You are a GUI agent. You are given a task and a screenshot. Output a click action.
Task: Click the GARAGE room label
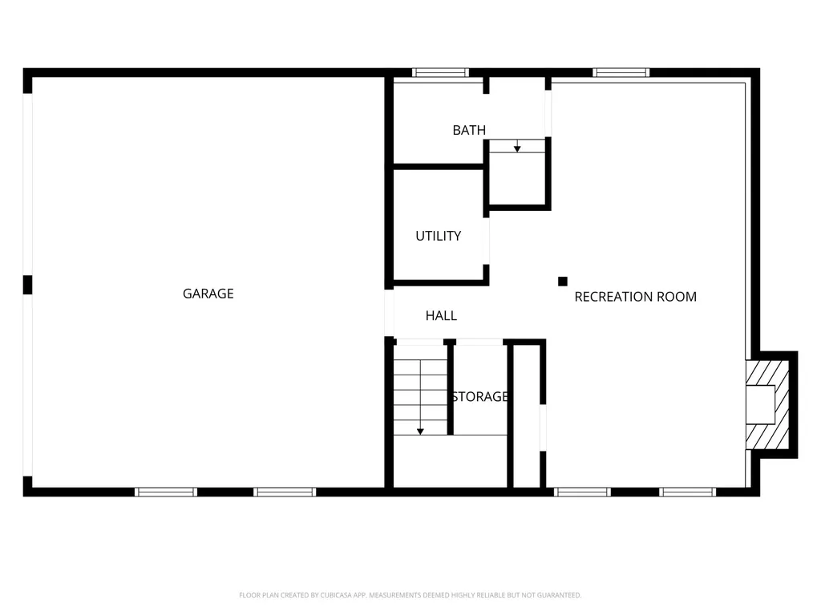208,294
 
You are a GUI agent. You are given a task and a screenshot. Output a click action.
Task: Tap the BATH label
469,130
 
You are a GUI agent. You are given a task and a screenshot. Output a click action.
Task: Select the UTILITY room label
438,236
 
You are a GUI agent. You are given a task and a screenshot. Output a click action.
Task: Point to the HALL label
441,316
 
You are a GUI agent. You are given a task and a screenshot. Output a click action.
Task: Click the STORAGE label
479,396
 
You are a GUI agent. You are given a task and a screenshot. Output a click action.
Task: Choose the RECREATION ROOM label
635,297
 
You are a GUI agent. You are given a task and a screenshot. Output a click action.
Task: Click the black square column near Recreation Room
563,281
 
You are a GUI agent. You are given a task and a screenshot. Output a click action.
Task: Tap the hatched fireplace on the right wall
767,403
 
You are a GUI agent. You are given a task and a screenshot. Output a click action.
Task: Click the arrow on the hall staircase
420,431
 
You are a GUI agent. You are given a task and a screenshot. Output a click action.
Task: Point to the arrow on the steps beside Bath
517,148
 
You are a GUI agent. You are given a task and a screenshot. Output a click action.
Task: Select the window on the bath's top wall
440,73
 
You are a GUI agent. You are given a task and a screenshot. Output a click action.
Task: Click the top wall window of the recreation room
621,73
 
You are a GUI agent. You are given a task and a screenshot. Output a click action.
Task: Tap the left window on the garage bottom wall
166,492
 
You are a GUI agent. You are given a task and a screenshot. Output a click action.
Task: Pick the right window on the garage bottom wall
285,492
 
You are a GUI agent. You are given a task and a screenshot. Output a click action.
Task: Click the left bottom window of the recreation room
583,492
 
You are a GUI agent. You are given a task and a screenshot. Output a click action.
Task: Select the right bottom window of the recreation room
688,492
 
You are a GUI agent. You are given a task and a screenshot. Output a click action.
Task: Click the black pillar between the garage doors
27,285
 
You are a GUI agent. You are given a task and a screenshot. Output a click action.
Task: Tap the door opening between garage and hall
389,313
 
